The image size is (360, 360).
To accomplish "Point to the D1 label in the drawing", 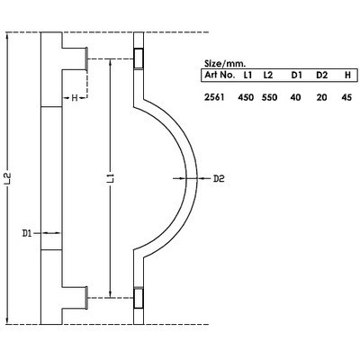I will coord(27,233).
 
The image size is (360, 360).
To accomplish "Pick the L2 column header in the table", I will coord(268,76).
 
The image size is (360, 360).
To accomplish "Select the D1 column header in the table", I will coord(295,76).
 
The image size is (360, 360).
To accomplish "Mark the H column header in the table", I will coord(347,76).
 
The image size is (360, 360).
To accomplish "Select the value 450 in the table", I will coord(245,95).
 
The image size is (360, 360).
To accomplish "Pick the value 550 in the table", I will coord(269,95).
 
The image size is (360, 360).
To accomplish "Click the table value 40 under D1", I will coord(295,95).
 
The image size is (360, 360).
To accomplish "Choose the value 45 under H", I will coord(347,95).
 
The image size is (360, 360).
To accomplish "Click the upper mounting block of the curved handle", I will coord(139,58).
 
